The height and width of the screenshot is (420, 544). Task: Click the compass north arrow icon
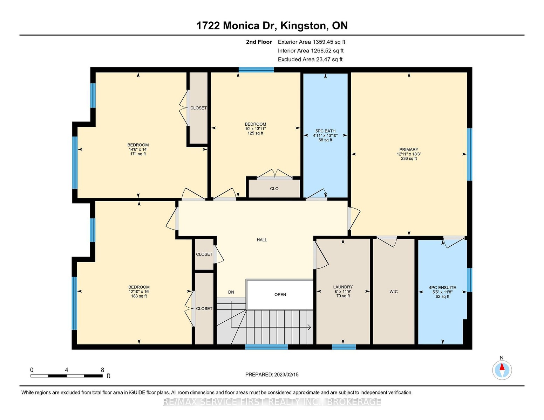(502, 370)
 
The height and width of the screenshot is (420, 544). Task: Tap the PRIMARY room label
(409, 150)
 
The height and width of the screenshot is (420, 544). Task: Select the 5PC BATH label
(325, 131)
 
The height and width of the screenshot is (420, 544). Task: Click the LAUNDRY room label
(343, 287)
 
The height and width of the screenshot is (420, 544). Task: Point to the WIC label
(394, 292)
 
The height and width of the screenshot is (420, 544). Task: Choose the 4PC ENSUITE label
(442, 288)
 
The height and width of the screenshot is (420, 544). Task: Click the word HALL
(262, 240)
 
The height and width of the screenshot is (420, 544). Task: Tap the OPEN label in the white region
(280, 295)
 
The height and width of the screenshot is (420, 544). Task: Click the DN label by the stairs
(231, 292)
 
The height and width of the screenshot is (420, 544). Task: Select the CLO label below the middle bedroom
(274, 189)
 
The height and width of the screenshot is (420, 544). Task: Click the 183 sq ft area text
(139, 296)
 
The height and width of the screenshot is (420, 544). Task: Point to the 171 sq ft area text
(138, 154)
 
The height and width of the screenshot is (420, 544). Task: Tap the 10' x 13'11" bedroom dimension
(256, 129)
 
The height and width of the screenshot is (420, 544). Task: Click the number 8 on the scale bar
(102, 370)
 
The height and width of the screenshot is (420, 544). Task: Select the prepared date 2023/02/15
(286, 374)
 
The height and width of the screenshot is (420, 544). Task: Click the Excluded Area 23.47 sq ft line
(310, 59)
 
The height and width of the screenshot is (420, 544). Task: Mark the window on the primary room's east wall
(470, 154)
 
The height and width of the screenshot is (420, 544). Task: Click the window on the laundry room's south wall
(344, 347)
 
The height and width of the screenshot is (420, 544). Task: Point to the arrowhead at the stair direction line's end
(310, 327)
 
